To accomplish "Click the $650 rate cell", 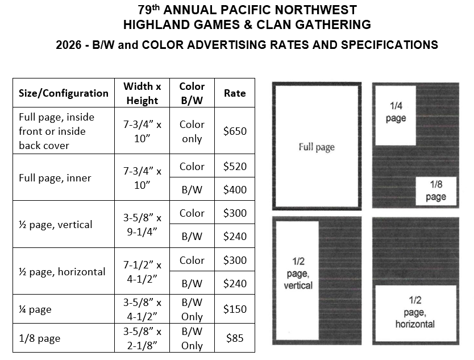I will click(235, 131).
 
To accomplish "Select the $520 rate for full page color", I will click(235, 167).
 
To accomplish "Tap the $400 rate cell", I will click(235, 189).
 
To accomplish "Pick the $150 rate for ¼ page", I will click(235, 309).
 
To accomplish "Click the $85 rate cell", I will click(235, 338).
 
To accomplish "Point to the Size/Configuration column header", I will click(64, 93).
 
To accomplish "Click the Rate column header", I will click(235, 93).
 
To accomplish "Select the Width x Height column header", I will click(142, 93).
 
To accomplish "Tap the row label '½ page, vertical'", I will click(56, 225).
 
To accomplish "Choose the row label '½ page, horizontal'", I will click(62, 271).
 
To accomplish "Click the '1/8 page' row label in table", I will click(40, 338).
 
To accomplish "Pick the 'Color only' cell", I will click(192, 131).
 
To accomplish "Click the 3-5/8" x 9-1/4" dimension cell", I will click(142, 225).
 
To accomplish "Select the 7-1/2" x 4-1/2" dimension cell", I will click(142, 271).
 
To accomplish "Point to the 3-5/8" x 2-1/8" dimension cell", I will click(142, 338).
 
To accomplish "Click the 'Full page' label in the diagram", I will click(317, 147).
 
